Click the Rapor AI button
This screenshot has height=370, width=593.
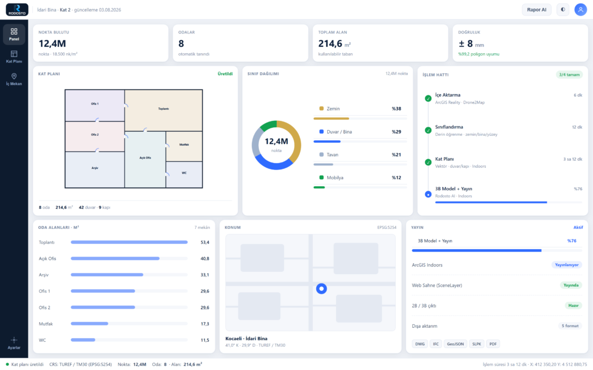tap(536, 10)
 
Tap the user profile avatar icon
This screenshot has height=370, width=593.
tap(580, 10)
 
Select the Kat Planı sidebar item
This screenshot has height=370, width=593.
tap(14, 57)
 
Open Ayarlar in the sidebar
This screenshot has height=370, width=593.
tap(14, 343)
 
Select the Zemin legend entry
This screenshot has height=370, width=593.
tap(330, 109)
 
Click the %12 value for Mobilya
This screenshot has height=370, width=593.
tap(396, 177)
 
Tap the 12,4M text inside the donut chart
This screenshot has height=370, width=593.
tap(276, 141)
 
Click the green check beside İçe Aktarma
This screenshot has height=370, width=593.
tap(428, 98)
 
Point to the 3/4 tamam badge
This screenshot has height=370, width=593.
tap(569, 75)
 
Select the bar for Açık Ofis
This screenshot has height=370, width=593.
tap(115, 258)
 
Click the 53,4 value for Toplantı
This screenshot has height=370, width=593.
tap(205, 242)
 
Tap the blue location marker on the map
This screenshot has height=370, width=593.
tap(321, 289)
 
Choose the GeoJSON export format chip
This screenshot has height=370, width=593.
tap(455, 344)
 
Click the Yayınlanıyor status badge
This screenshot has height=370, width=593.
tap(566, 265)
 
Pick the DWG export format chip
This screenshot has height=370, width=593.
tap(420, 344)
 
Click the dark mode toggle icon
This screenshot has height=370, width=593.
tap(563, 10)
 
